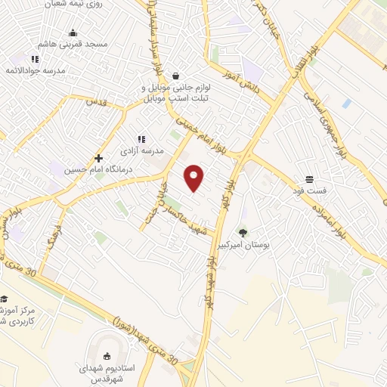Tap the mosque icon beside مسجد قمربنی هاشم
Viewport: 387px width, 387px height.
point(73,33)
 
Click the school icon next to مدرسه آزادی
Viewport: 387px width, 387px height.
point(141,138)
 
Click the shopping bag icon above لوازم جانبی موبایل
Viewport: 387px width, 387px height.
point(175,76)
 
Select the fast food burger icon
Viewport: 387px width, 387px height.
point(311,180)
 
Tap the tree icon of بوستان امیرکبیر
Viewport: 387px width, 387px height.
point(243,233)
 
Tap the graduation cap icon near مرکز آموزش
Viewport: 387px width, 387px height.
point(3,299)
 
